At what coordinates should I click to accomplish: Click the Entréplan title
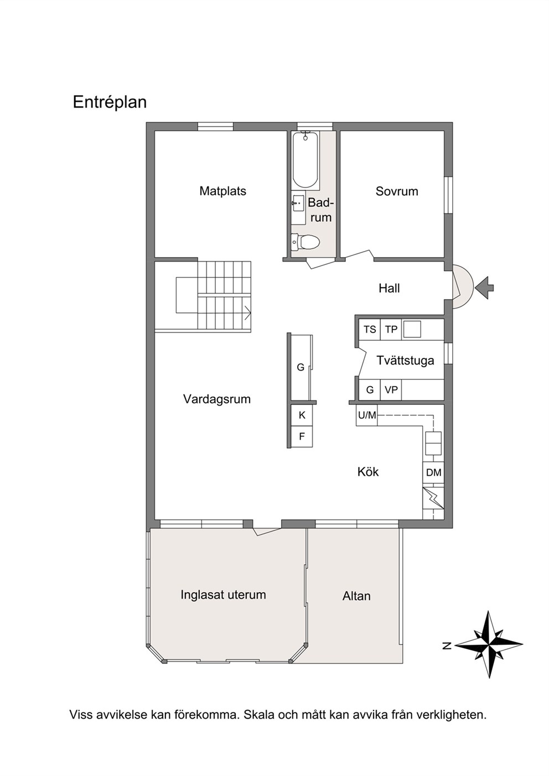pos(110,103)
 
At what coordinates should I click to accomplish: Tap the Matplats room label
pos(223,191)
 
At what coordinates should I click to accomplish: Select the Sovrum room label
pos(397,191)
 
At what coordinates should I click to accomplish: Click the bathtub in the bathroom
pos(305,159)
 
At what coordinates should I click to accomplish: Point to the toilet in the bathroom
pos(304,242)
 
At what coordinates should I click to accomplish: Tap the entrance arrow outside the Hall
pos(485,288)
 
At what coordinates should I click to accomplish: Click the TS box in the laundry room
pos(370,329)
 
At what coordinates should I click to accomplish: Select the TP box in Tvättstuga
pos(391,329)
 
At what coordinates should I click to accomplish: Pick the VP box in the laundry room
pos(391,390)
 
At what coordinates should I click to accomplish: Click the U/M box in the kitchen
pos(367,415)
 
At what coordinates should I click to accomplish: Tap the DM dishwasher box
pos(433,472)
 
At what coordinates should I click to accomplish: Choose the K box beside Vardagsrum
pos(302,415)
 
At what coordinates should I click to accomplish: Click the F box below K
pos(302,436)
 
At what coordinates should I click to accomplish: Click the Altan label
pos(356,596)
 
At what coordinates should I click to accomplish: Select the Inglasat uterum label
pos(223,595)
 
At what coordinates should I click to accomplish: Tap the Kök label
pos(368,472)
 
